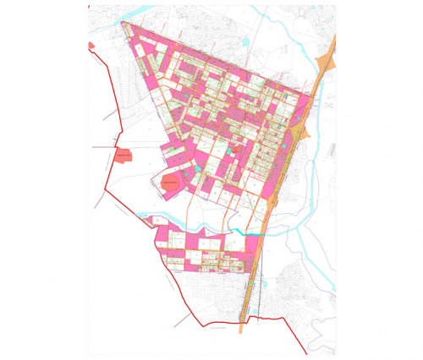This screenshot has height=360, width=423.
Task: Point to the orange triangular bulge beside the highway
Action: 299,134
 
